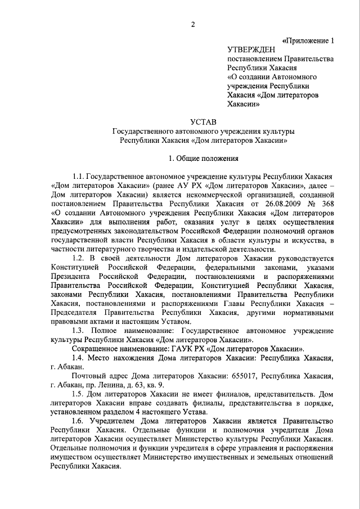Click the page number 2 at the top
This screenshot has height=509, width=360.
pyautogui.click(x=192, y=24)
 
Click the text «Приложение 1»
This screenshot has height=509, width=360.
pyautogui.click(x=311, y=40)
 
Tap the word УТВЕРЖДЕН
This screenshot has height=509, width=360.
pyautogui.click(x=251, y=50)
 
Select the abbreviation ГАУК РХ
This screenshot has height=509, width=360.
pyautogui.click(x=175, y=348)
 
